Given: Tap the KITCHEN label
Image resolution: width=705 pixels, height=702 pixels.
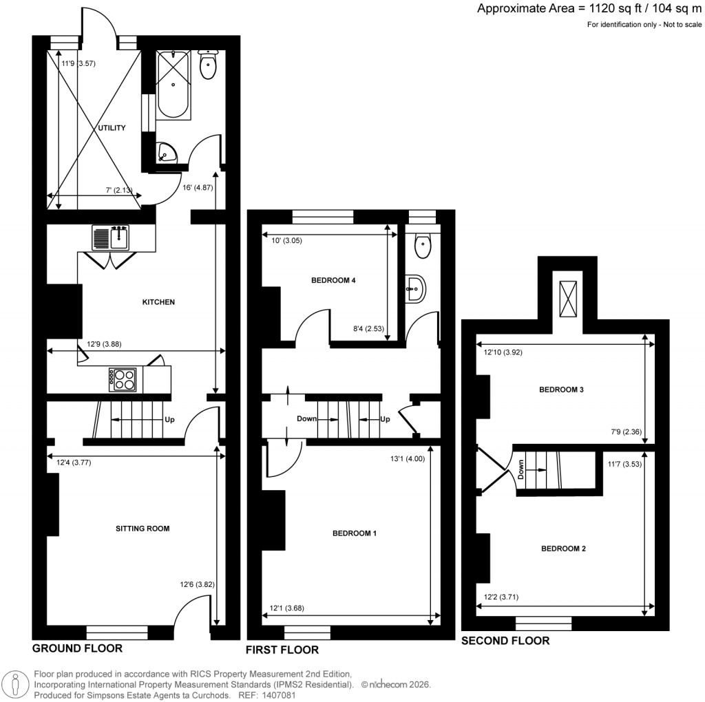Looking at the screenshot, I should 158,302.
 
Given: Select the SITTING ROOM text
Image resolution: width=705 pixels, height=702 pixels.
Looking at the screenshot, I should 143,529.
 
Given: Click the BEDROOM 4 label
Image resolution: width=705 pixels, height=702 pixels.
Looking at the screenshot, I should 333,280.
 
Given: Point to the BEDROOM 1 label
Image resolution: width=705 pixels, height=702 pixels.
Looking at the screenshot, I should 354,533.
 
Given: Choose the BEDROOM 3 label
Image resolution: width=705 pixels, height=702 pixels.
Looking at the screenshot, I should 561,390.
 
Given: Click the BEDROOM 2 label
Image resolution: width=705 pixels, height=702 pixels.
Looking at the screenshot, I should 563,549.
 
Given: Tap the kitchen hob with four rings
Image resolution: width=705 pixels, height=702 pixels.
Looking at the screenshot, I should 123,379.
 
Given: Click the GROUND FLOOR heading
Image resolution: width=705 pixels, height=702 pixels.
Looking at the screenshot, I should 77,648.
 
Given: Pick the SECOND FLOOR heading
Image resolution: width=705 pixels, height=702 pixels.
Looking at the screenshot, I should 505,641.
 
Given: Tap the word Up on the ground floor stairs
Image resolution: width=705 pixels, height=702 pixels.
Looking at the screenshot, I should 168,419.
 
